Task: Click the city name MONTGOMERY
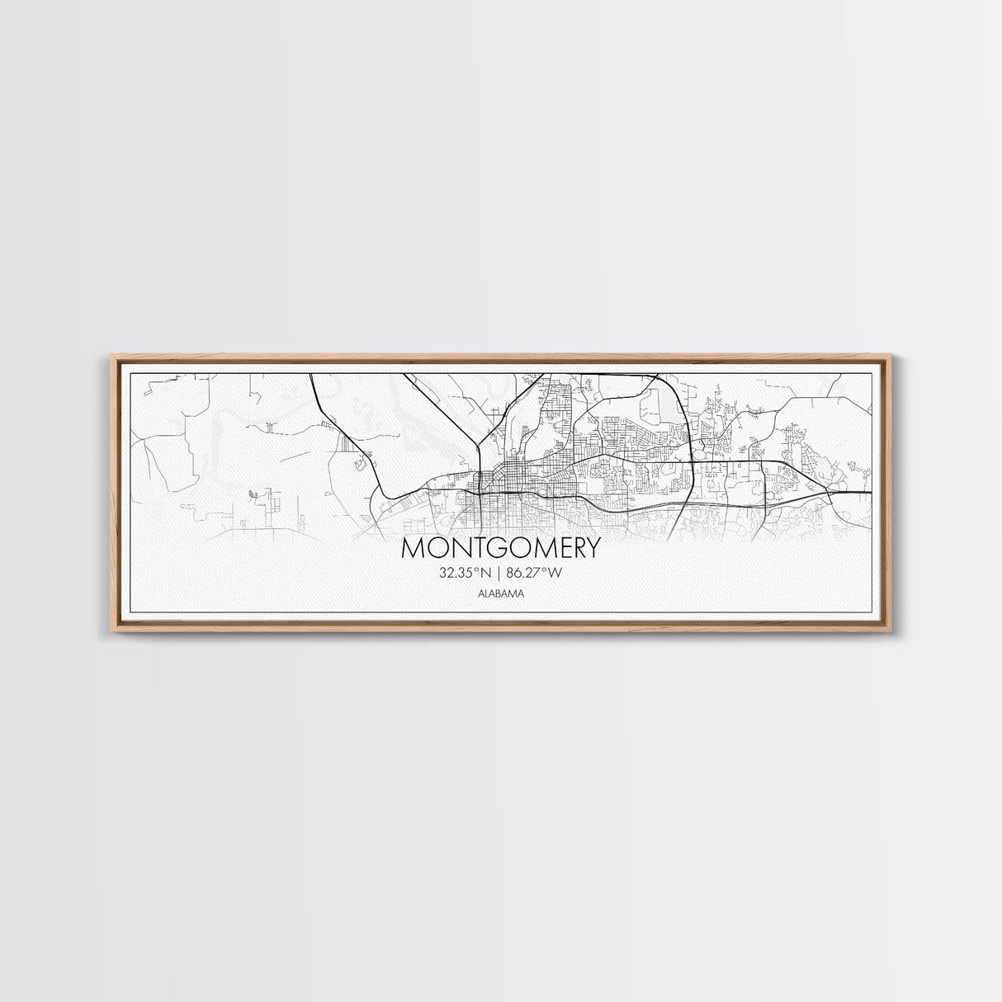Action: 501,549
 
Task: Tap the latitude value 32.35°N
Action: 466,571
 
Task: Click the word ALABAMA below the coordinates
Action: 501,593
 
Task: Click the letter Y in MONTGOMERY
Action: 592,549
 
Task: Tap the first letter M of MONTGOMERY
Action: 412,549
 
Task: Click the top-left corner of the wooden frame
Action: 112,356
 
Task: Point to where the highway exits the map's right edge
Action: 871,492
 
